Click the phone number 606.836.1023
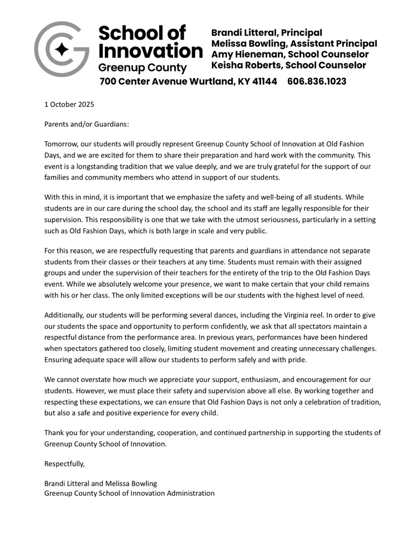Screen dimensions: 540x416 tap(317, 81)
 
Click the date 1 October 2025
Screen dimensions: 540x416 tap(69, 104)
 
